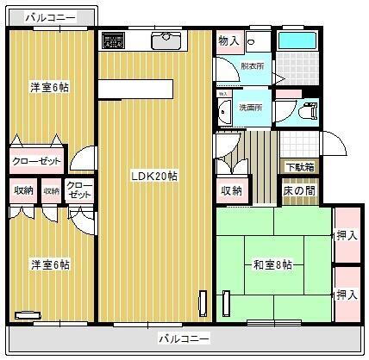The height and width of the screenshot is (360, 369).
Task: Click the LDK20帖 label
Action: [154, 177]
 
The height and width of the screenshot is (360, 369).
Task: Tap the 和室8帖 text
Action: [270, 264]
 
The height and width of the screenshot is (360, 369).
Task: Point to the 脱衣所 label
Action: [252, 65]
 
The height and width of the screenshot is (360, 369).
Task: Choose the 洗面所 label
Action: [250, 109]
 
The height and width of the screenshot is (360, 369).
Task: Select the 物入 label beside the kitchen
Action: [228, 40]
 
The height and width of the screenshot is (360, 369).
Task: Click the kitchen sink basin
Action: [165, 40]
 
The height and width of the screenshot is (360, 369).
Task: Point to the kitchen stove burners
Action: [113, 40]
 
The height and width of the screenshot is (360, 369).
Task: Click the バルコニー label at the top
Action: [50, 16]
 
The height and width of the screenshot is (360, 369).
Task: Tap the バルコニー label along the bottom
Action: [183, 338]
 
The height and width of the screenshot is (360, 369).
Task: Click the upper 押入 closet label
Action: [347, 234]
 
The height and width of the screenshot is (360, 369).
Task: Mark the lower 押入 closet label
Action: [347, 294]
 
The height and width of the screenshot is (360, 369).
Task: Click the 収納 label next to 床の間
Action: [230, 190]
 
